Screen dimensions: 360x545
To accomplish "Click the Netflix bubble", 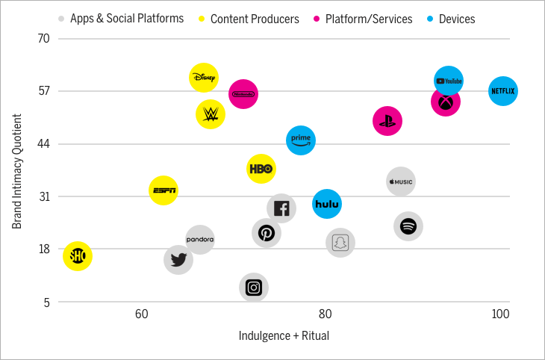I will tap(502, 92).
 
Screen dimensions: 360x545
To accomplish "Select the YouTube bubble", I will tap(449, 81).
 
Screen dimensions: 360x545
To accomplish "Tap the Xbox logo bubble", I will tap(445, 102).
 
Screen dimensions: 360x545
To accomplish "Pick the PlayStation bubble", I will tap(387, 120).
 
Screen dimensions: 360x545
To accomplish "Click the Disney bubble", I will tap(204, 77).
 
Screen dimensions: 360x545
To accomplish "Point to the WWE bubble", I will tap(211, 114).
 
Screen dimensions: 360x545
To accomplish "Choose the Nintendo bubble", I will tap(243, 94).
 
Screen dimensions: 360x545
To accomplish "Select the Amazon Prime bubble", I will tap(301, 140).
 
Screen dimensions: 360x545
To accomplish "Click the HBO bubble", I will tap(261, 169).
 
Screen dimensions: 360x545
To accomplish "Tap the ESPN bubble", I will tap(163, 191).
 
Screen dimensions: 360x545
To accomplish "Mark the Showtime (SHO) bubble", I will tap(78, 256).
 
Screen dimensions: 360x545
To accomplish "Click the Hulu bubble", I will tap(327, 203).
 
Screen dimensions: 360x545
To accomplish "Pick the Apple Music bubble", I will tap(401, 181).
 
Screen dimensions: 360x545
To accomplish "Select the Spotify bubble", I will tap(408, 226).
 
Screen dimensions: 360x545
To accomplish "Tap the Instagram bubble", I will tap(254, 287).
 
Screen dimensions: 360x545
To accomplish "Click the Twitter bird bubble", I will tap(178, 260).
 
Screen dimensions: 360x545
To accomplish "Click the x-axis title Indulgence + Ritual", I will tap(284, 336).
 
